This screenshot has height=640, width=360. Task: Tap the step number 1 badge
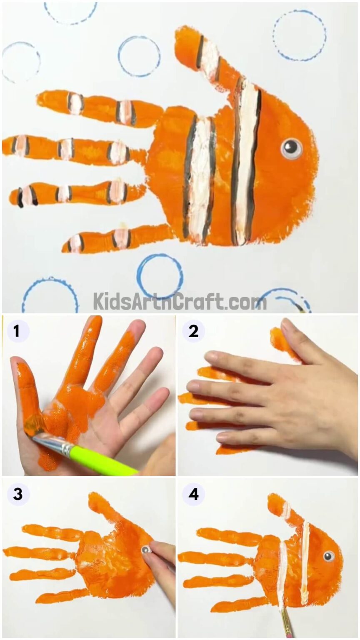pyautogui.click(x=17, y=331)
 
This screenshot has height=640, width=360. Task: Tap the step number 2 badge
pyautogui.click(x=193, y=331)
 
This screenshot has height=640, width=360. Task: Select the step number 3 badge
pyautogui.click(x=17, y=494)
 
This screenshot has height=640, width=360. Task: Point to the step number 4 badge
pyautogui.click(x=193, y=494)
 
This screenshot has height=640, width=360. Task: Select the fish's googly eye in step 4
pyautogui.click(x=329, y=555)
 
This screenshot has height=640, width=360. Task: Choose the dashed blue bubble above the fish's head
pyautogui.click(x=300, y=35)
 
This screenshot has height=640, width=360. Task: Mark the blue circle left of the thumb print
pyautogui.click(x=139, y=56)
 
